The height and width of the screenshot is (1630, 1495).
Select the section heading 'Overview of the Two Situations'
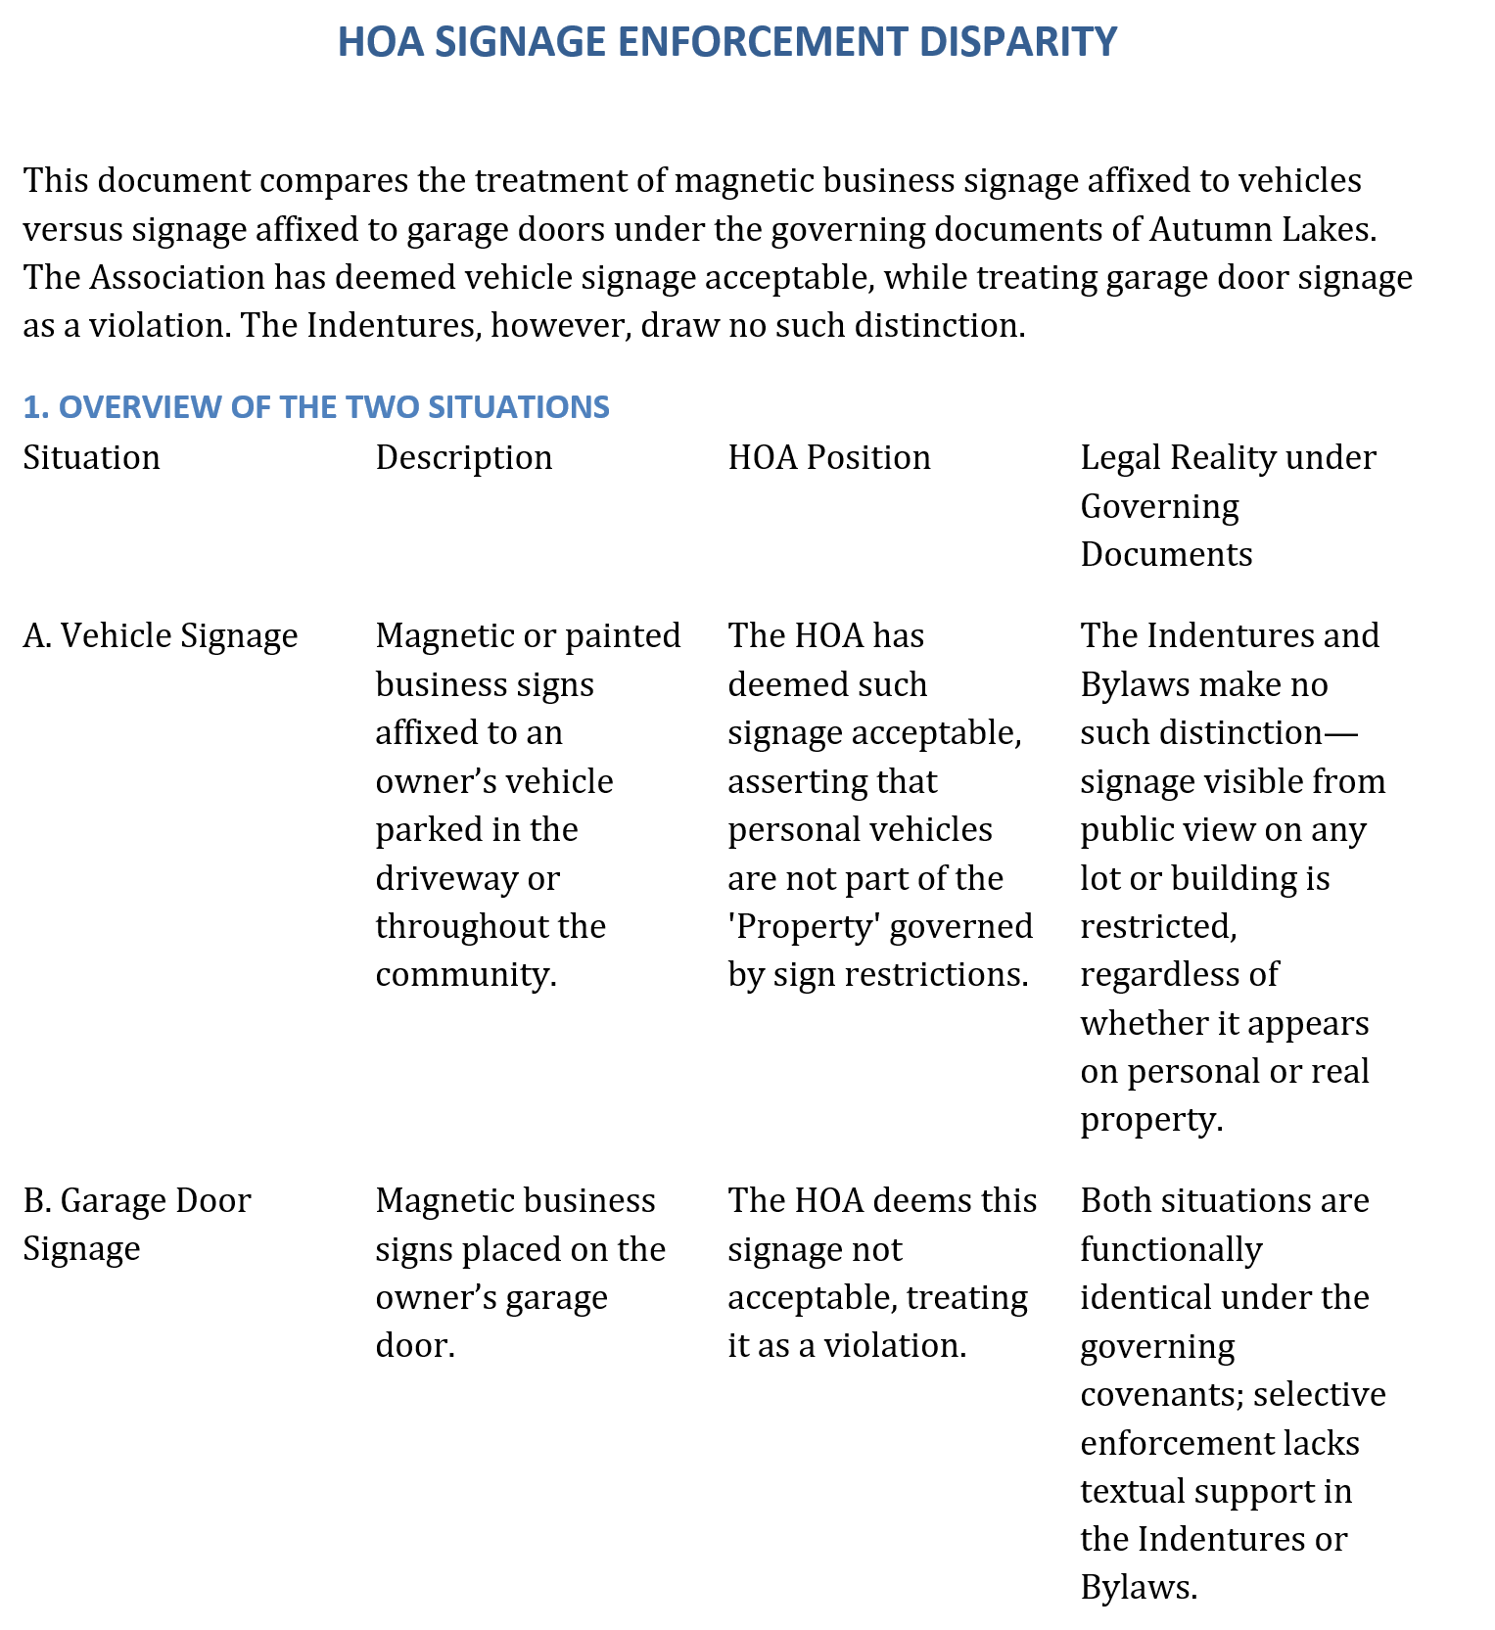pyautogui.click(x=316, y=406)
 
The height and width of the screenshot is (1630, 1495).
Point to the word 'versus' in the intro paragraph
pyautogui.click(x=73, y=229)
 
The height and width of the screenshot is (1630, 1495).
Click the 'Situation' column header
pyautogui.click(x=92, y=457)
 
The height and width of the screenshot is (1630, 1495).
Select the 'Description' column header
pyautogui.click(x=464, y=457)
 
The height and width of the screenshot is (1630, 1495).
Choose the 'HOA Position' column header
pyautogui.click(x=829, y=457)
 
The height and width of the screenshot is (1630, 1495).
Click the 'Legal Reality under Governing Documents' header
pyautogui.click(x=1228, y=505)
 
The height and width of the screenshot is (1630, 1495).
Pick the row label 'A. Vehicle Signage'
pyautogui.click(x=161, y=636)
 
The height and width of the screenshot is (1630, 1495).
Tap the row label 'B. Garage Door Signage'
pyautogui.click(x=137, y=1224)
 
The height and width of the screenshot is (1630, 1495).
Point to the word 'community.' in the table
pyautogui.click(x=466, y=975)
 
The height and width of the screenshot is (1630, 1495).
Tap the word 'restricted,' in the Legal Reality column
pyautogui.click(x=1158, y=926)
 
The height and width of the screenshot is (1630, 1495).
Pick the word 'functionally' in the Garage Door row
pyautogui.click(x=1171, y=1249)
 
